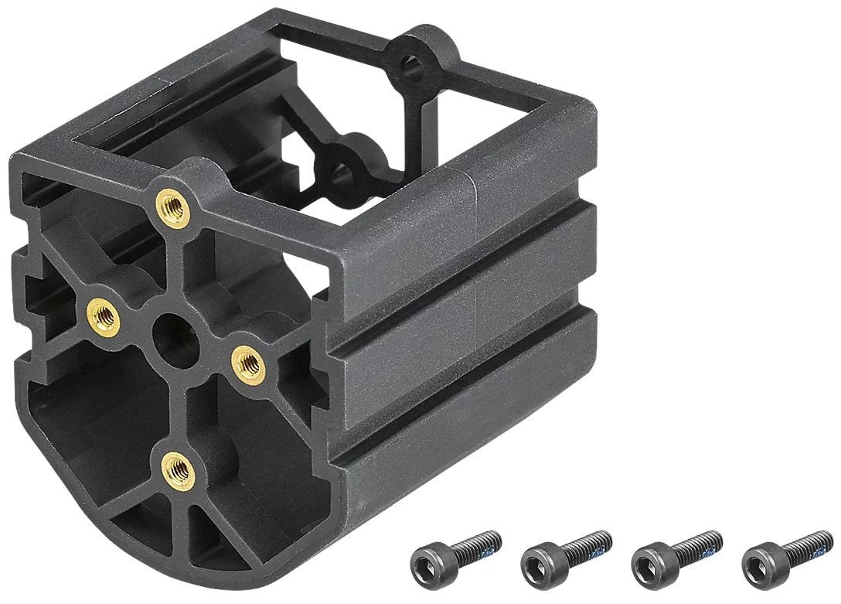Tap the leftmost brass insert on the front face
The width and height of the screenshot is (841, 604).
103,316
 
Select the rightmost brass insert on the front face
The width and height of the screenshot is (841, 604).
248,360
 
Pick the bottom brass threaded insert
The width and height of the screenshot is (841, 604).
177,467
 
